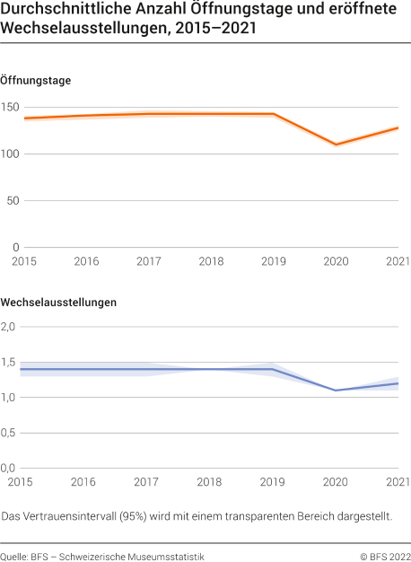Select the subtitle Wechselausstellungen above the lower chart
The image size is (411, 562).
(59, 303)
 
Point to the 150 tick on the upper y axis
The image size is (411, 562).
(10, 108)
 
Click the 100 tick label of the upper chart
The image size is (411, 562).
(10, 154)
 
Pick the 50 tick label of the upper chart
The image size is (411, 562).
(13, 201)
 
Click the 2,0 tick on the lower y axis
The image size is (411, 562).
(10, 327)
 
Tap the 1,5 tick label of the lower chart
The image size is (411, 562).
(10, 363)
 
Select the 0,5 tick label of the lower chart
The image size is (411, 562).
(10, 433)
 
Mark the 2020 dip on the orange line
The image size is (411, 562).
(336, 145)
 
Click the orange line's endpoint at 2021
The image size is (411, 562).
(398, 127)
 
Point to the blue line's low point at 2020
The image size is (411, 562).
(336, 391)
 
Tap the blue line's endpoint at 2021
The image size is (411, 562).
(398, 383)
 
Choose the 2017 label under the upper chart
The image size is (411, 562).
(147, 261)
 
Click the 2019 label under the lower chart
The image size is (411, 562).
(273, 482)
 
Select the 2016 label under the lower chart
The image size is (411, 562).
(85, 482)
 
